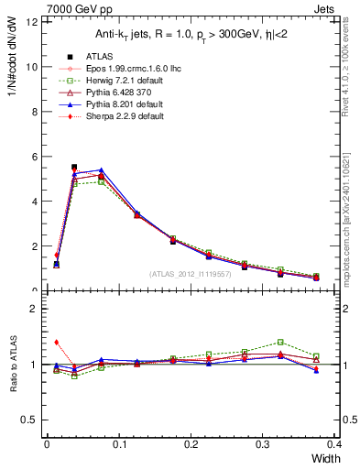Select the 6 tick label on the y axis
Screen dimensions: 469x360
[x=32, y=157]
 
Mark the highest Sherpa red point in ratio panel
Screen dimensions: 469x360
[x=57, y=342]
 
